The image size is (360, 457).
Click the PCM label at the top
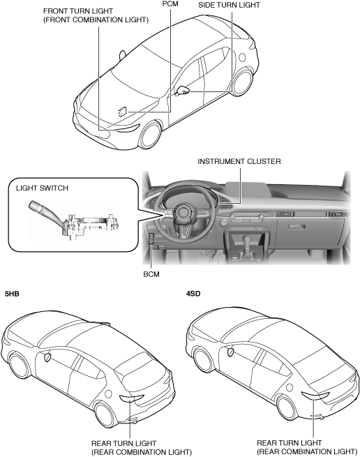click(x=170, y=3)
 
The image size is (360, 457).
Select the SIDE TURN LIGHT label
click(x=229, y=5)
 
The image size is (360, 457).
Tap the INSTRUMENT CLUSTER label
click(x=239, y=161)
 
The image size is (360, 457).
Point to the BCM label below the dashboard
click(x=151, y=274)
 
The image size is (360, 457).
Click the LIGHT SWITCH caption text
click(x=42, y=188)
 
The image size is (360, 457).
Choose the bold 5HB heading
click(x=12, y=294)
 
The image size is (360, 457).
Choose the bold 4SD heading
click(x=193, y=294)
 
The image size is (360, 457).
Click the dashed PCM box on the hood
click(x=123, y=111)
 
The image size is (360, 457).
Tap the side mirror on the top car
click(x=182, y=91)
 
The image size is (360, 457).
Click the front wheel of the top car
click(x=150, y=136)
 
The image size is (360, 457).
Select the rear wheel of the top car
click(x=243, y=83)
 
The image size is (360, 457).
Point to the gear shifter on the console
click(x=246, y=243)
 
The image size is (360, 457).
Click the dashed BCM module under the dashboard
click(x=151, y=239)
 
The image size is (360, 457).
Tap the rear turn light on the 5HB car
click(x=131, y=398)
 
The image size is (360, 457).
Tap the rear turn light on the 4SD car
click(x=315, y=396)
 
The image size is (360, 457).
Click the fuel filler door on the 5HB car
click(x=108, y=394)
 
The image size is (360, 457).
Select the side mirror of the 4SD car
click(x=230, y=352)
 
